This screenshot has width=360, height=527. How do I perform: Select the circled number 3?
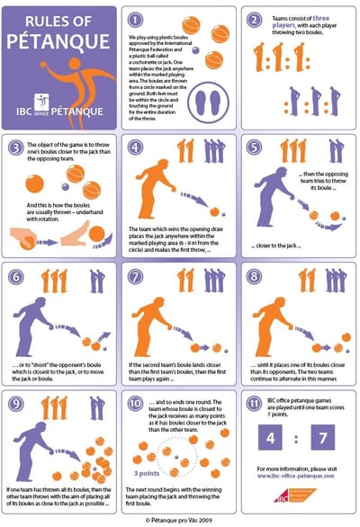tap(16, 147)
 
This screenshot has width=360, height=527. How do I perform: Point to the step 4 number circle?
tap(135, 147)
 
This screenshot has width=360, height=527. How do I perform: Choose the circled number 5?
tap(256, 147)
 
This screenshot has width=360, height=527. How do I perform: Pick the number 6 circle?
tap(16, 275)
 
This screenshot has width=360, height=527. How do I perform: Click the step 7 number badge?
tap(135, 275)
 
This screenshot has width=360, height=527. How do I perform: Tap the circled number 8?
tap(256, 275)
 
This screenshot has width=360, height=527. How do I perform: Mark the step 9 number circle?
tap(16, 402)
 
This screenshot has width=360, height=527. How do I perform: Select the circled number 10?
tap(135, 402)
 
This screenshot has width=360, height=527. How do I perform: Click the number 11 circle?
tap(256, 402)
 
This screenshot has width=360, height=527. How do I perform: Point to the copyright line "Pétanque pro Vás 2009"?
tap(180, 520)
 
